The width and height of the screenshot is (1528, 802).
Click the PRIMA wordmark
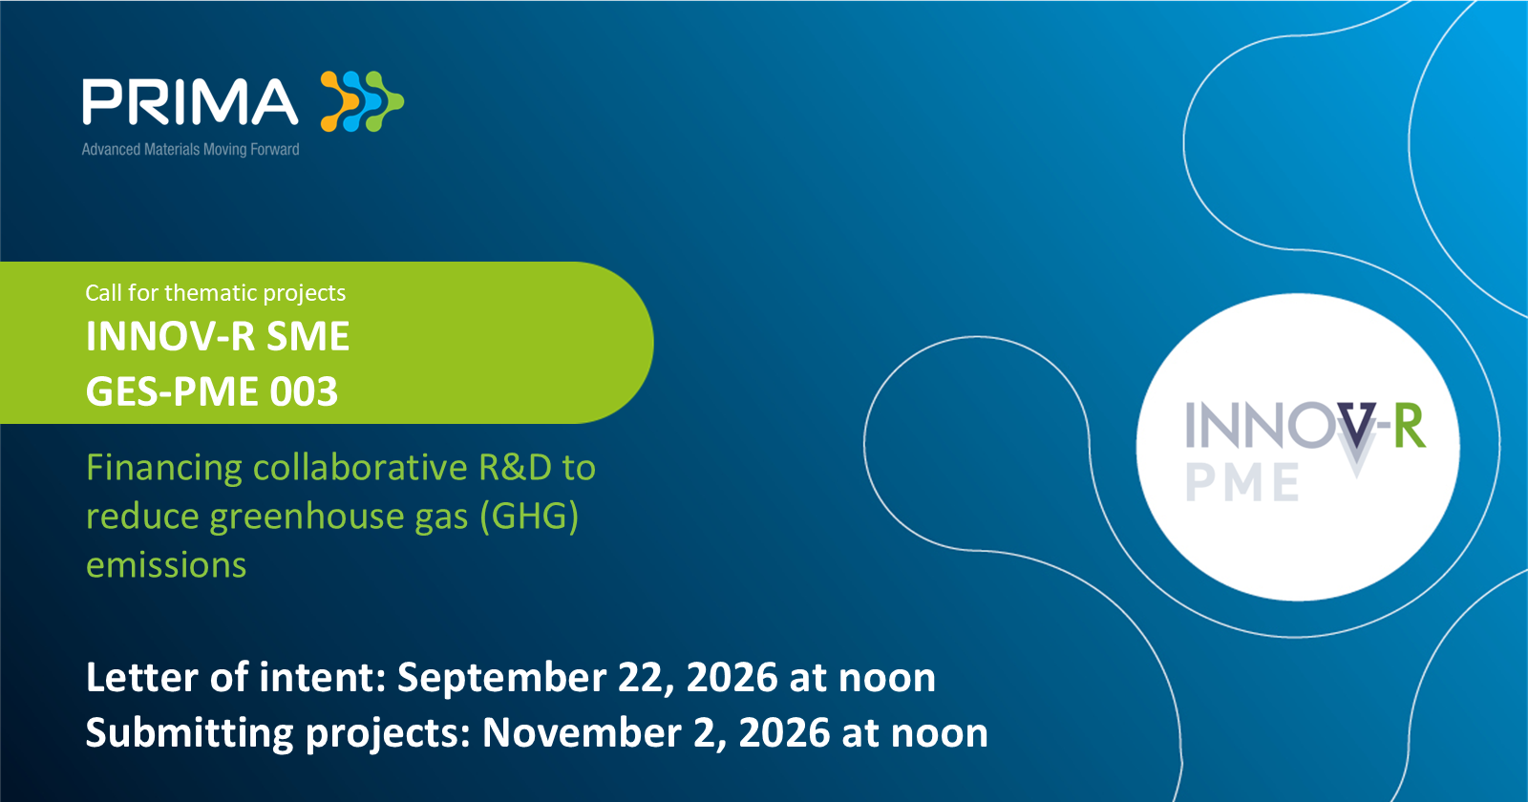click(x=190, y=102)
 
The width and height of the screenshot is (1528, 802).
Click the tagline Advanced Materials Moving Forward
click(x=190, y=149)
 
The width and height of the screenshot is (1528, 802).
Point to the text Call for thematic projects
click(x=216, y=292)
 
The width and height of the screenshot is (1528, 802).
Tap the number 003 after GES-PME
click(x=305, y=391)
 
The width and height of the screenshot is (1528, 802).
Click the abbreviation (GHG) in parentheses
click(x=529, y=517)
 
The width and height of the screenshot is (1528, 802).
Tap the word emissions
click(x=166, y=566)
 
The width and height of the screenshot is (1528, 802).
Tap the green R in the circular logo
click(x=1409, y=426)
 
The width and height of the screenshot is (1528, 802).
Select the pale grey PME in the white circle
click(x=1242, y=481)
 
